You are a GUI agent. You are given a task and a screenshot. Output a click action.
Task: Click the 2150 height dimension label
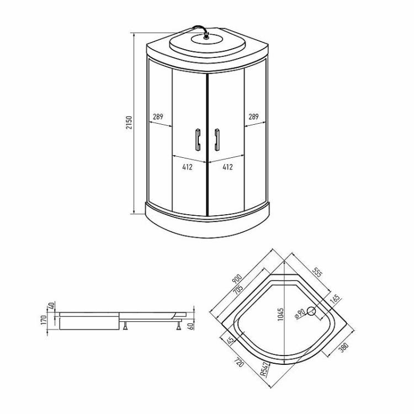[x=129, y=122]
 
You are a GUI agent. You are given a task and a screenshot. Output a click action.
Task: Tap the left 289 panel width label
[x=158, y=116]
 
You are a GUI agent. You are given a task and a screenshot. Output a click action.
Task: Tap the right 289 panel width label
[x=253, y=116]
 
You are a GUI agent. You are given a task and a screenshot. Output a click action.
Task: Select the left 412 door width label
[x=187, y=167]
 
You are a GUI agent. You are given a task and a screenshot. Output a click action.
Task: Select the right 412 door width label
[x=227, y=167]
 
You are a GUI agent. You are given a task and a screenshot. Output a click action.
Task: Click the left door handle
[x=198, y=140]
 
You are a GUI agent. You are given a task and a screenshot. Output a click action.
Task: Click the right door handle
[x=217, y=140]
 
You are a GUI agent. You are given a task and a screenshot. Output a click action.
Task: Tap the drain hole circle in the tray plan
[x=311, y=311]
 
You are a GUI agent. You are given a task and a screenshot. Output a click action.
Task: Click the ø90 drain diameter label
[x=300, y=314]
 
